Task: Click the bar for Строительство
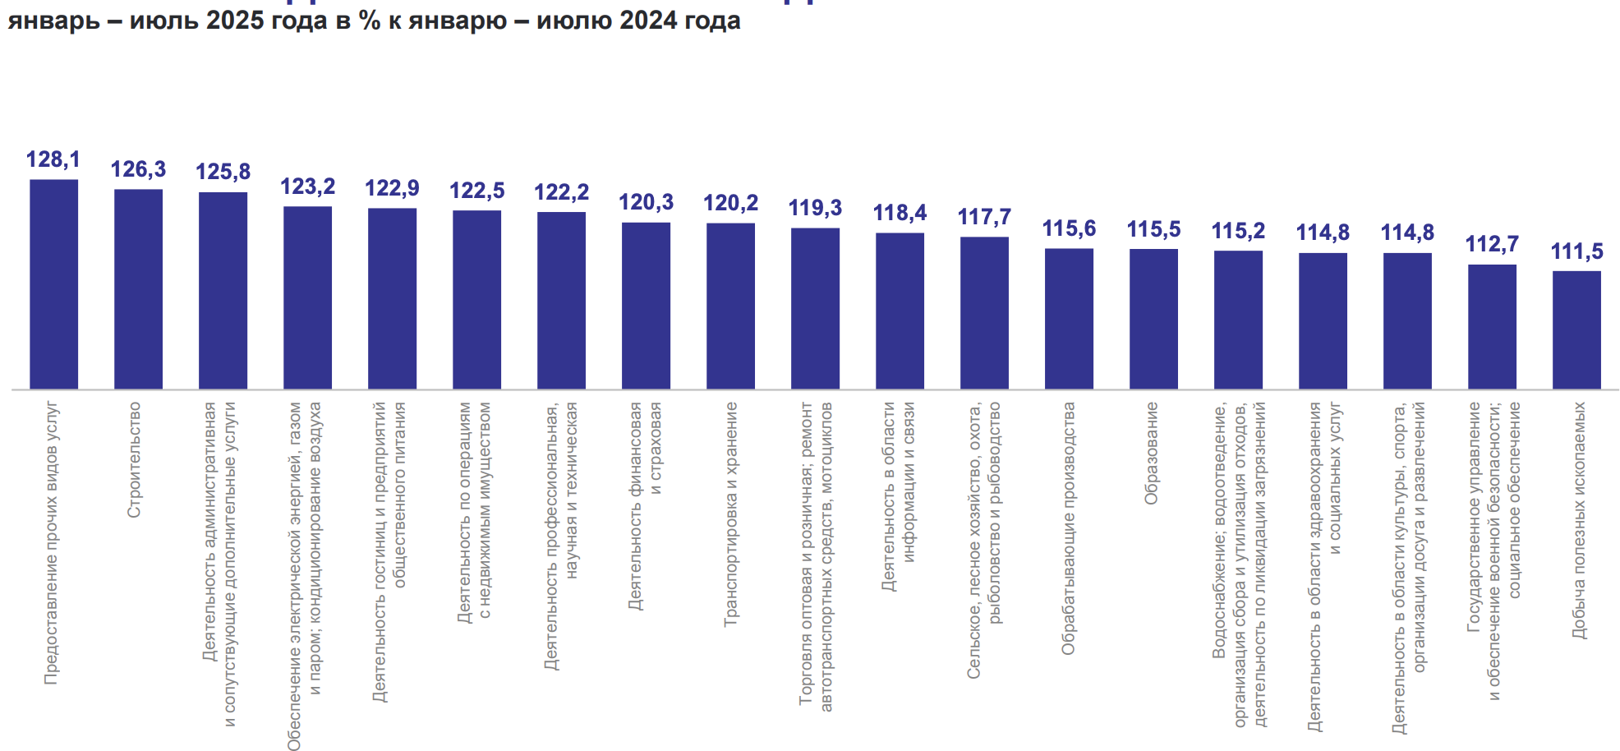[x=138, y=289]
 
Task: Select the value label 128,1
[x=53, y=159]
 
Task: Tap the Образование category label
[x=1152, y=453]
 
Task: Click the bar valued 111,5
[x=1576, y=329]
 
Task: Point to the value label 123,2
[x=307, y=187]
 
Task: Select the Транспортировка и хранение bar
[x=730, y=306]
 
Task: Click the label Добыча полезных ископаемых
[x=1578, y=520]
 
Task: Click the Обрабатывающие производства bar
[x=1069, y=318]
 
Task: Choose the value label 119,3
[x=815, y=208]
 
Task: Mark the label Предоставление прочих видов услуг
[x=52, y=542]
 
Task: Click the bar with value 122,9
[x=392, y=298]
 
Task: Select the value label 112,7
[x=1492, y=244]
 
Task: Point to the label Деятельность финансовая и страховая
[x=646, y=505]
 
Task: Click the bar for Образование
[x=1153, y=319]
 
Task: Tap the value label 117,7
[x=984, y=217]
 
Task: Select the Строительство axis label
[x=135, y=459]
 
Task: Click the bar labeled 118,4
[x=900, y=311]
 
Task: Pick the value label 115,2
[x=1238, y=231]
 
